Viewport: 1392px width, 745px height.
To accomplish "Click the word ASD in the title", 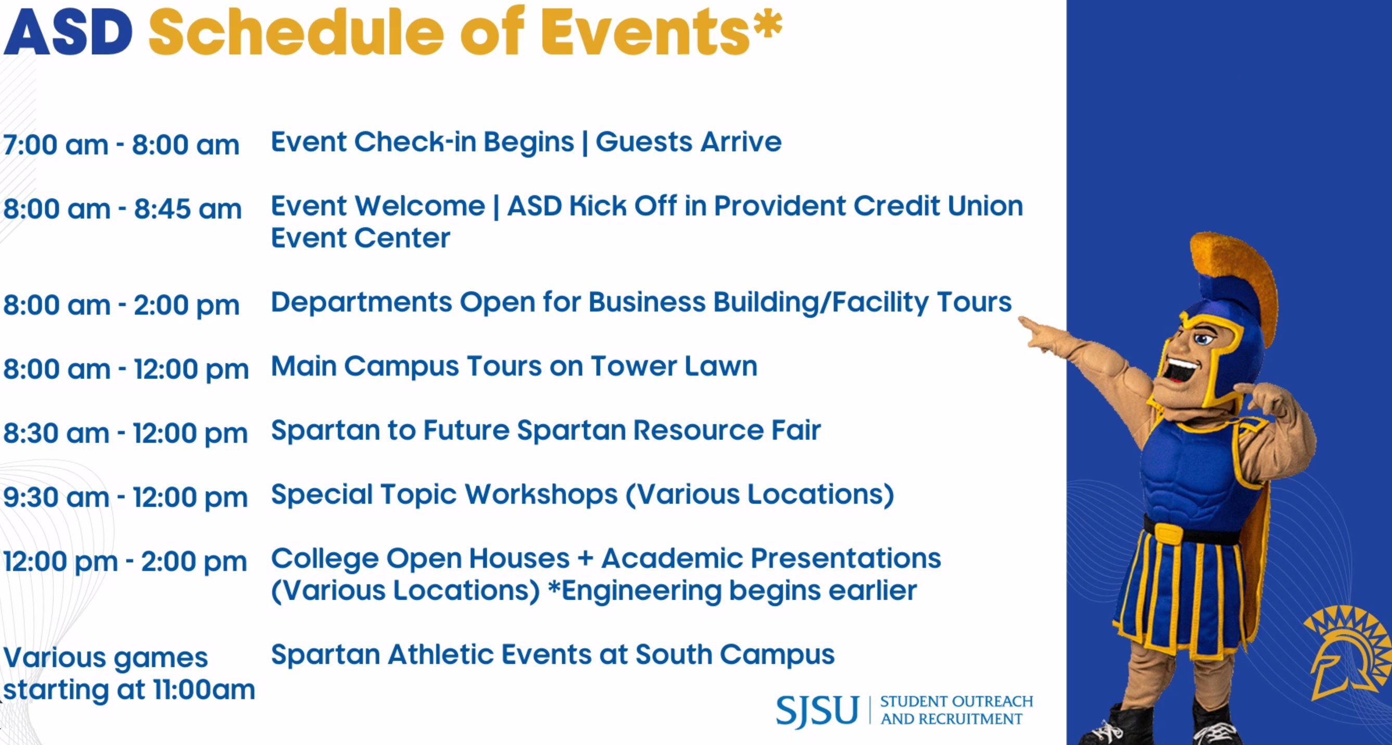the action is click(68, 32).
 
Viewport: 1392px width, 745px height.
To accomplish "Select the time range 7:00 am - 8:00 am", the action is click(121, 145).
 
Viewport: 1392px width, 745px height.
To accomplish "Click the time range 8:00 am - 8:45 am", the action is click(122, 209).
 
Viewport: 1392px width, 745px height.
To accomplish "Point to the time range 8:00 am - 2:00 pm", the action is click(121, 305).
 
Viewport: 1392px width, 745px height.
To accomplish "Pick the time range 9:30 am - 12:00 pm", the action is click(125, 498).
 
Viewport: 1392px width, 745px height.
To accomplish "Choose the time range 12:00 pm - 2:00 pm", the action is click(125, 562).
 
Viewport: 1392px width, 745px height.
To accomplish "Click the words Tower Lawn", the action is click(674, 366).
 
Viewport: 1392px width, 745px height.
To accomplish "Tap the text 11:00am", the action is click(204, 690).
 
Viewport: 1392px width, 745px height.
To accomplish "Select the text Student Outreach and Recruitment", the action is click(956, 710).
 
